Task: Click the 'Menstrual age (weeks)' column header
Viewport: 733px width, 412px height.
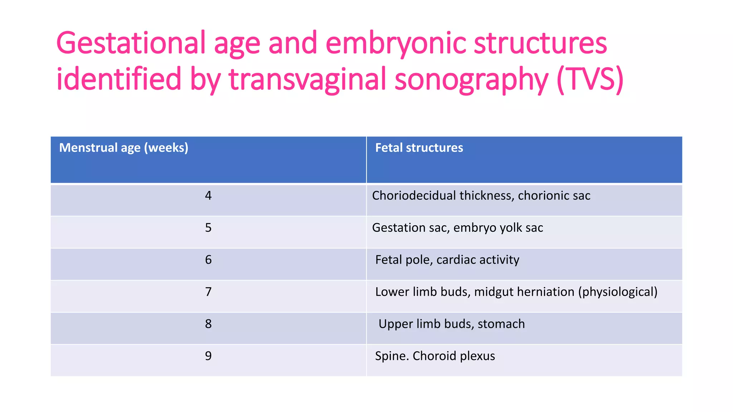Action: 123,148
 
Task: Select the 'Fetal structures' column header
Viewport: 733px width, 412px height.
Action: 419,148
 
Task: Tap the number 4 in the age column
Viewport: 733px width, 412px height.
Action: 208,196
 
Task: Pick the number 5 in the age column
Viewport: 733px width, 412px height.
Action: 208,228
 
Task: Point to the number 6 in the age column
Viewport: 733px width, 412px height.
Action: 208,260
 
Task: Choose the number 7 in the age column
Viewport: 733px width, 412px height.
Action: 208,292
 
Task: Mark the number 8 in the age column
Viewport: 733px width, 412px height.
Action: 208,324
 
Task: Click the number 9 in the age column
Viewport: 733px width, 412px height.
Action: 208,356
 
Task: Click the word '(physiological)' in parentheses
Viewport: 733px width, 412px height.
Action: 618,292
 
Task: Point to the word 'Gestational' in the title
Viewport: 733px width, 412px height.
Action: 131,44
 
